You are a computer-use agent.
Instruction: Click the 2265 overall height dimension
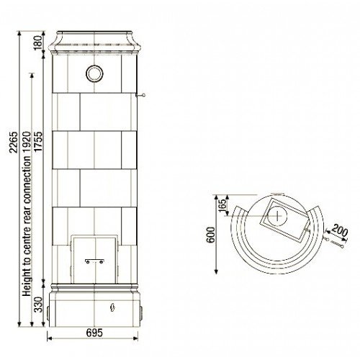point(14,143)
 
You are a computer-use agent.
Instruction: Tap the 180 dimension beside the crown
point(38,43)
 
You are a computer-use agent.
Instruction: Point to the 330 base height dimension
point(38,305)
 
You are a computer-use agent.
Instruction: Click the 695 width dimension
point(94,333)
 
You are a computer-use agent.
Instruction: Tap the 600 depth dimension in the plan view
point(211,235)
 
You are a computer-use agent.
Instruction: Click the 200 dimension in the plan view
point(340,230)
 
